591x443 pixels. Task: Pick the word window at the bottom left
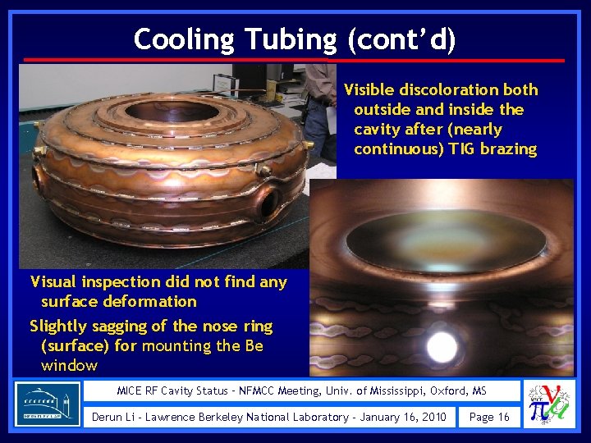click(69, 365)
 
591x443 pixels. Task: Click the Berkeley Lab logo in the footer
click(48, 404)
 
